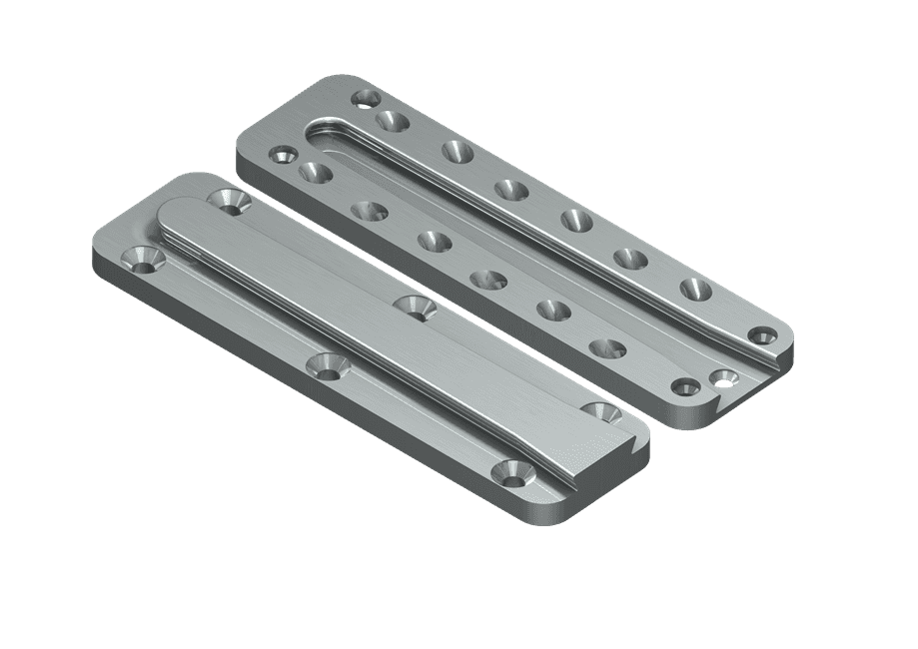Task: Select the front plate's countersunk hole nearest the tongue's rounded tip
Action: tap(230, 201)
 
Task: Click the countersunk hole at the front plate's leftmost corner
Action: tap(142, 260)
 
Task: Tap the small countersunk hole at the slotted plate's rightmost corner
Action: tap(764, 333)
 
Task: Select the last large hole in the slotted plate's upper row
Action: tap(696, 290)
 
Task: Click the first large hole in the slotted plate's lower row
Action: tap(315, 173)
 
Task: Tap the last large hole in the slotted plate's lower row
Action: tap(607, 349)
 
